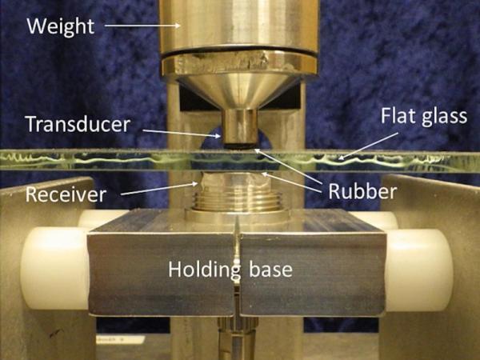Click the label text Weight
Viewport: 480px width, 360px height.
pyautogui.click(x=61, y=26)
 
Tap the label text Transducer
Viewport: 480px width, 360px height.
pyautogui.click(x=78, y=124)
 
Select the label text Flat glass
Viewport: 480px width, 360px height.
pyautogui.click(x=424, y=117)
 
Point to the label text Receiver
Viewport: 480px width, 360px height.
pyautogui.click(x=66, y=194)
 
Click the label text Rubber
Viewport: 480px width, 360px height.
pyautogui.click(x=362, y=191)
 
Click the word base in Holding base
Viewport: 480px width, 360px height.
pyautogui.click(x=271, y=270)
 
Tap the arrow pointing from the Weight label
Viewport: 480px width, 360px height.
pyautogui.click(x=142, y=26)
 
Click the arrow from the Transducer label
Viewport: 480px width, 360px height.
pyautogui.click(x=182, y=133)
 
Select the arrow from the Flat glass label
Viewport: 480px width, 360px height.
pyautogui.click(x=368, y=146)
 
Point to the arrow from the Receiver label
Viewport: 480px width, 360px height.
pyautogui.click(x=159, y=189)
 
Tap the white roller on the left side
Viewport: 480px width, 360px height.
pyautogui.click(x=55, y=268)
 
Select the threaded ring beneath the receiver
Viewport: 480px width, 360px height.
pyautogui.click(x=238, y=201)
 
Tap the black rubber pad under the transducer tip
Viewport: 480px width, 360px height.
pyautogui.click(x=239, y=146)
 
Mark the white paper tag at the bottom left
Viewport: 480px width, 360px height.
pyautogui.click(x=120, y=339)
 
